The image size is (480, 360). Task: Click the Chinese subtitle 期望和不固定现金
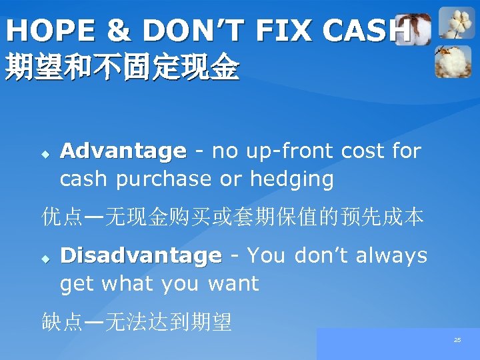pos(121,68)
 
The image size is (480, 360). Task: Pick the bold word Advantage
pos(123,151)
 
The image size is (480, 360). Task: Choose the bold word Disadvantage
pos(141,256)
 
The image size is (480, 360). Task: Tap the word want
pos(233,283)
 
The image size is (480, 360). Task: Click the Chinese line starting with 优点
pos(233,217)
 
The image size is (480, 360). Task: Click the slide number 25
pos(457,340)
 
